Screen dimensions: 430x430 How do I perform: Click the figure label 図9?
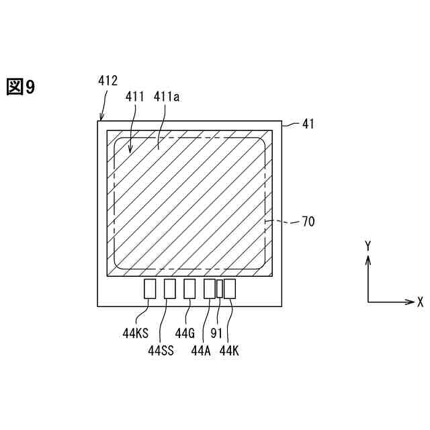pyautogui.click(x=21, y=87)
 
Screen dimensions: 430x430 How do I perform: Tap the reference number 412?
pyautogui.click(x=107, y=81)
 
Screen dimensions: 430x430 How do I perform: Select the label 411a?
pyautogui.click(x=167, y=97)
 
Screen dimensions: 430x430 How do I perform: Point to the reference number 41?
pyautogui.click(x=308, y=124)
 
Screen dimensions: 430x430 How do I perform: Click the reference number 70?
pyautogui.click(x=308, y=221)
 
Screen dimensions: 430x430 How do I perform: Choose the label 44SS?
pyautogui.click(x=161, y=349)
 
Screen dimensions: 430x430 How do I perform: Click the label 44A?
pyautogui.click(x=202, y=349)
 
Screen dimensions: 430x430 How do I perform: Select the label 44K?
pyautogui.click(x=229, y=349)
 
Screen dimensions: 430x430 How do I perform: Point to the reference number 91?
pyautogui.click(x=216, y=332)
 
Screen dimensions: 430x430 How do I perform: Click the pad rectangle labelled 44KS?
pyautogui.click(x=150, y=289)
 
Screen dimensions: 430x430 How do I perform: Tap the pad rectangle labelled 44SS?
pyautogui.click(x=169, y=289)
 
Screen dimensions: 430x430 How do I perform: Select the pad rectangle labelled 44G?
pyautogui.click(x=189, y=289)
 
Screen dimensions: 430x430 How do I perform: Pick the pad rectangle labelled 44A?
pyautogui.click(x=209, y=289)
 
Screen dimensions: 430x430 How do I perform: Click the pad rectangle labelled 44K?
pyautogui.click(x=230, y=289)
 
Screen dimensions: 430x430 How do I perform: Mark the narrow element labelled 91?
pyautogui.click(x=219, y=289)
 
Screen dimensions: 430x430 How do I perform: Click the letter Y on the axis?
pyautogui.click(x=368, y=246)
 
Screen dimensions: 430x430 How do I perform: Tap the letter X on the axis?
pyautogui.click(x=420, y=302)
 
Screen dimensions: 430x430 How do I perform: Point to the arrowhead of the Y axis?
pyautogui.click(x=368, y=259)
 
